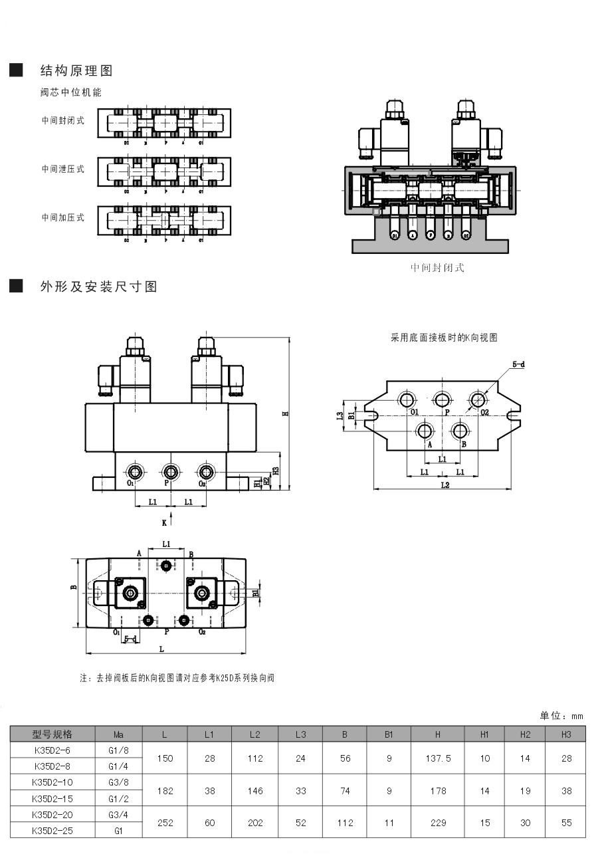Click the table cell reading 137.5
pos(437,758)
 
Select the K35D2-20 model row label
pos(52,814)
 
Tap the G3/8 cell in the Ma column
pos(119,782)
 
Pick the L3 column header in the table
pos(300,734)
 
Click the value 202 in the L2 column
pos(255,823)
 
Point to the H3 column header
pos(566,734)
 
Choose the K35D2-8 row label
pos(52,766)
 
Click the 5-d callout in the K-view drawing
pos(518,365)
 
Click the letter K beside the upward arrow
pos(164,523)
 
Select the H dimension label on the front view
pos(286,413)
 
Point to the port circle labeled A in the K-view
pos(425,431)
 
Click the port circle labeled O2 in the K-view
pos(478,399)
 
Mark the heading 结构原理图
pos(76,70)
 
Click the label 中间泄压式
pos(63,169)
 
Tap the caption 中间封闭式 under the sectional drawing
pos(437,268)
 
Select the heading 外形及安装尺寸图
pos(98,287)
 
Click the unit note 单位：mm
pos(561,716)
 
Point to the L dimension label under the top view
pos(161,649)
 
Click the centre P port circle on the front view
pos(171,472)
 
